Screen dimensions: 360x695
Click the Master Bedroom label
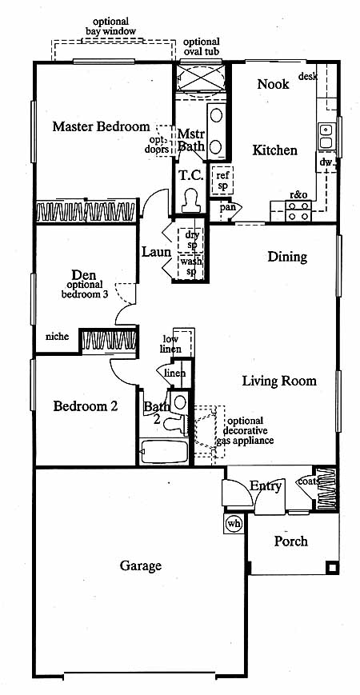[x=101, y=127]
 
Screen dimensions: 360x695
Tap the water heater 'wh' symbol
[x=234, y=524]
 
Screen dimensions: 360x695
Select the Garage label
[x=141, y=566]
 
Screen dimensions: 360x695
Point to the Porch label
[x=291, y=541]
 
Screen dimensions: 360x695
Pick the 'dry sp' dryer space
[x=190, y=240]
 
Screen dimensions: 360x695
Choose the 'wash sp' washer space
[x=190, y=266]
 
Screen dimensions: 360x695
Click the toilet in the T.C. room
[x=191, y=202]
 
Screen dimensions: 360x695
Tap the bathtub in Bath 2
[x=163, y=451]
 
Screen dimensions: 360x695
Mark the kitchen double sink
[x=326, y=137]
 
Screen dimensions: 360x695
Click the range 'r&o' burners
[x=298, y=211]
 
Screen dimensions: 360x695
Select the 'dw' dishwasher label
[x=326, y=162]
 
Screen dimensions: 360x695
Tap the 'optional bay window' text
[x=111, y=26]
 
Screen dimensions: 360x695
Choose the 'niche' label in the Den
[x=58, y=337]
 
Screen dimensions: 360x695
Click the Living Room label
[x=279, y=381]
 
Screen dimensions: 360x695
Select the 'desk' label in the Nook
[x=308, y=77]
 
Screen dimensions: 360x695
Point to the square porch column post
[x=332, y=567]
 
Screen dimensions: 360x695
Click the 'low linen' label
[x=170, y=345]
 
